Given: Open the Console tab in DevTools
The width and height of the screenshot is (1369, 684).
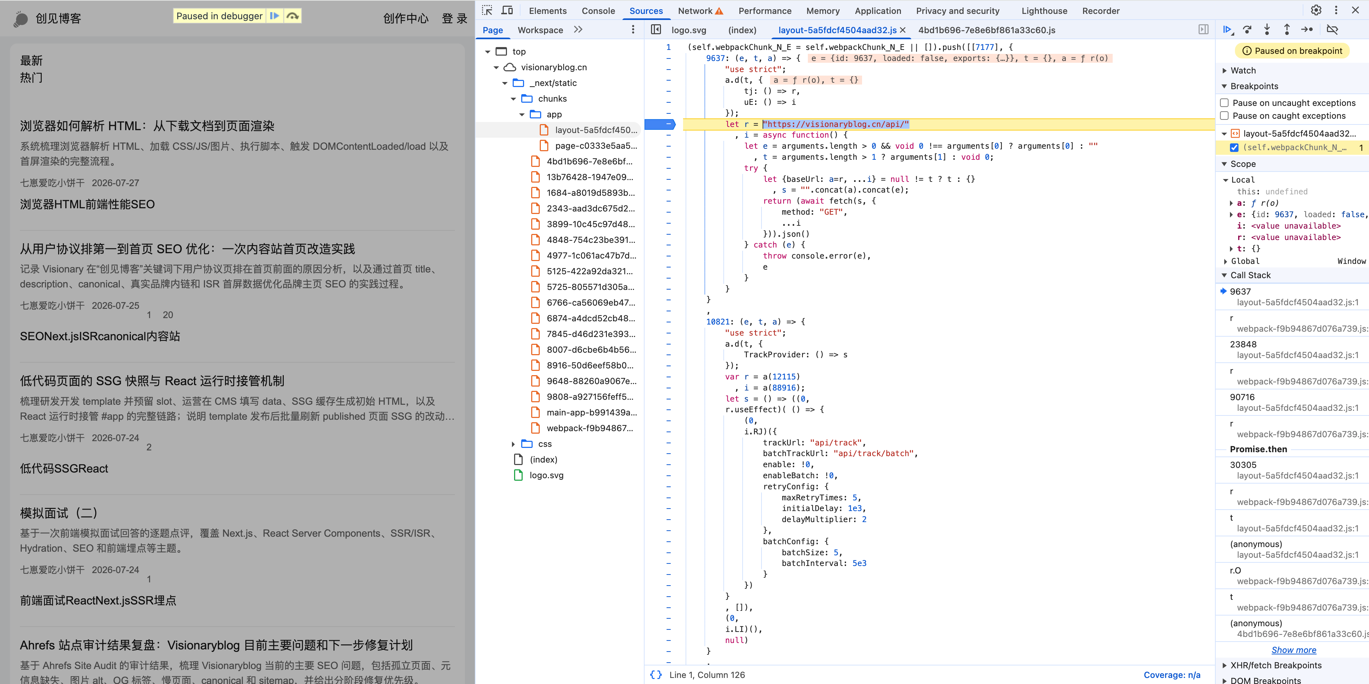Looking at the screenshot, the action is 598,11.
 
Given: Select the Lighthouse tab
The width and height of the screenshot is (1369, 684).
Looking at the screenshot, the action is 1044,11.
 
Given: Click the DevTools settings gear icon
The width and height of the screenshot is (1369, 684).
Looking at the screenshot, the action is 1316,10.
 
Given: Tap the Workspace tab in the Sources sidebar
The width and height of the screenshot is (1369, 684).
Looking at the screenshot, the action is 540,30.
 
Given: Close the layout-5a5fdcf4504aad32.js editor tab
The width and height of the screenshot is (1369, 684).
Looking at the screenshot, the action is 903,30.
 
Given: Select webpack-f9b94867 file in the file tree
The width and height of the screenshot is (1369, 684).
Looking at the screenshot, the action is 589,428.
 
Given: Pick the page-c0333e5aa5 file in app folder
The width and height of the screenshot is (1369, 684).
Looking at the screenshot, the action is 595,146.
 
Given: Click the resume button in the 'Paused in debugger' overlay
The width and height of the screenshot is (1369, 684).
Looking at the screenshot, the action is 274,16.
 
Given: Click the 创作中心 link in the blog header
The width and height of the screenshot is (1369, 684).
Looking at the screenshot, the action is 405,19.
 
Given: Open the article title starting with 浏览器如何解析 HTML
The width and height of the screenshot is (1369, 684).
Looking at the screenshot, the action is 147,126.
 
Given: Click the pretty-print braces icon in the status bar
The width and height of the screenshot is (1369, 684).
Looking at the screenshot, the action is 656,674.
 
